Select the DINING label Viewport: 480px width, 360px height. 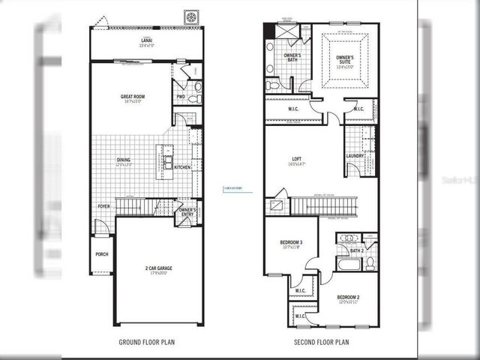coord(123,160)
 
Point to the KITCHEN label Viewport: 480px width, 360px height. coord(182,166)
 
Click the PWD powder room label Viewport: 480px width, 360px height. coord(181,97)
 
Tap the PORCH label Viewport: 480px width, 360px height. coord(101,253)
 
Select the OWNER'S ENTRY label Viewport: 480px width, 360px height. coord(187,212)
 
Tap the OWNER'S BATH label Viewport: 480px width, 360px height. coord(292,58)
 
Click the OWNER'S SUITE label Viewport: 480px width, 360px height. coord(345,60)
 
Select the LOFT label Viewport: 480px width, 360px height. coord(296,159)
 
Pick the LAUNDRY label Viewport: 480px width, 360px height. coord(355,156)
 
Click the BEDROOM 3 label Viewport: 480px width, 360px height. coord(291,243)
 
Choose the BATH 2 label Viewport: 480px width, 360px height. coord(358,250)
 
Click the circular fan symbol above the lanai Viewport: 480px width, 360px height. coord(191,17)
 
